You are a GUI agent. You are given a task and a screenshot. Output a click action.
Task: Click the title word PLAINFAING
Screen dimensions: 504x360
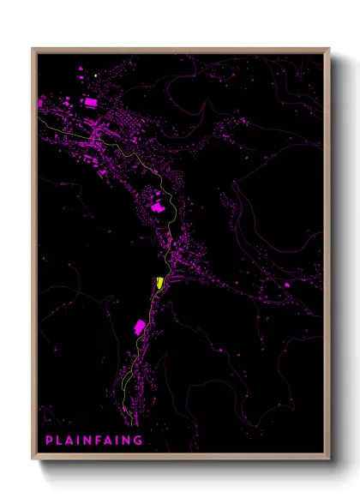click(x=94, y=440)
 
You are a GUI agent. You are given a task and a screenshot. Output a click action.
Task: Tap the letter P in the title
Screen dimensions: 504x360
click(x=49, y=440)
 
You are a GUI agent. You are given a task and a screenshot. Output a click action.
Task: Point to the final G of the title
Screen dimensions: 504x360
click(x=139, y=440)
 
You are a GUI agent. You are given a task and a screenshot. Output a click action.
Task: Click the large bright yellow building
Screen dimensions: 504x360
click(x=160, y=283)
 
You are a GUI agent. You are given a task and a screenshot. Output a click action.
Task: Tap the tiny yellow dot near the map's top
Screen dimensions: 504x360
click(x=97, y=75)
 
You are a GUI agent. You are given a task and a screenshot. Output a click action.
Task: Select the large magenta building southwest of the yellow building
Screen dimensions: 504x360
click(x=139, y=327)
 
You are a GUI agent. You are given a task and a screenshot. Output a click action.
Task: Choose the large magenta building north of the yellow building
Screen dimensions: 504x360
click(x=158, y=206)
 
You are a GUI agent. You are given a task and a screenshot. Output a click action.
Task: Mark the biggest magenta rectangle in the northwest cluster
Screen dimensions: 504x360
click(x=90, y=102)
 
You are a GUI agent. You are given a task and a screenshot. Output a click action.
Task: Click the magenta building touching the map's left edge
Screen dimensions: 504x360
click(x=40, y=103)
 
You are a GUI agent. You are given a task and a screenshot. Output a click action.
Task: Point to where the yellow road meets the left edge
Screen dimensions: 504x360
click(x=39, y=117)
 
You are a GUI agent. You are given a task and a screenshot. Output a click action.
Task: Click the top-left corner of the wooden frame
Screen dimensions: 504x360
click(x=33, y=49)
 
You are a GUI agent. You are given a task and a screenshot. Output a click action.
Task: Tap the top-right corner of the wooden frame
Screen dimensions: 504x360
click(x=329, y=49)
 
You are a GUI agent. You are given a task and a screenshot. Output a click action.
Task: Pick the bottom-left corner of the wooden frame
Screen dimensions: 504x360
click(x=33, y=459)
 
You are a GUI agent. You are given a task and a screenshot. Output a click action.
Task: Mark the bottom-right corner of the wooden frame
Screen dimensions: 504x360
click(x=329, y=459)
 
